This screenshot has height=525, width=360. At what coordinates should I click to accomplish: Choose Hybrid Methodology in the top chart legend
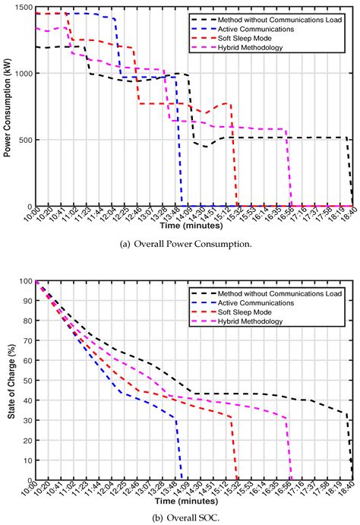point(286,48)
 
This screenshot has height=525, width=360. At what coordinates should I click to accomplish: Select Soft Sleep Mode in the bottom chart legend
point(278,312)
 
